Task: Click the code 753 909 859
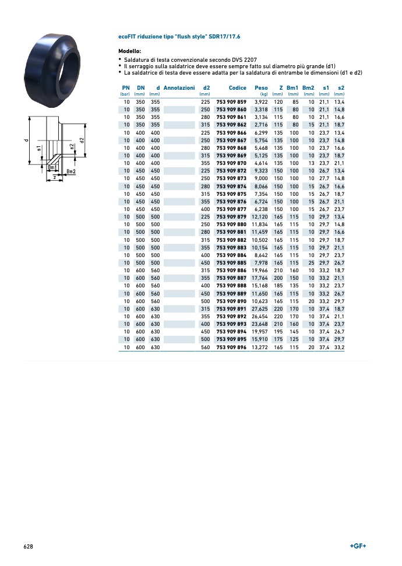(231, 102)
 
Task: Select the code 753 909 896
(231, 347)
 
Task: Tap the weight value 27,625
(259, 309)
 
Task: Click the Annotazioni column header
(179, 87)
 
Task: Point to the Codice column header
(238, 87)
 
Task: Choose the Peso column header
(261, 87)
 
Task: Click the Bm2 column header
(308, 87)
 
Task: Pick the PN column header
(126, 87)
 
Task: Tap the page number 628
(28, 547)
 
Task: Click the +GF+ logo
(358, 546)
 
